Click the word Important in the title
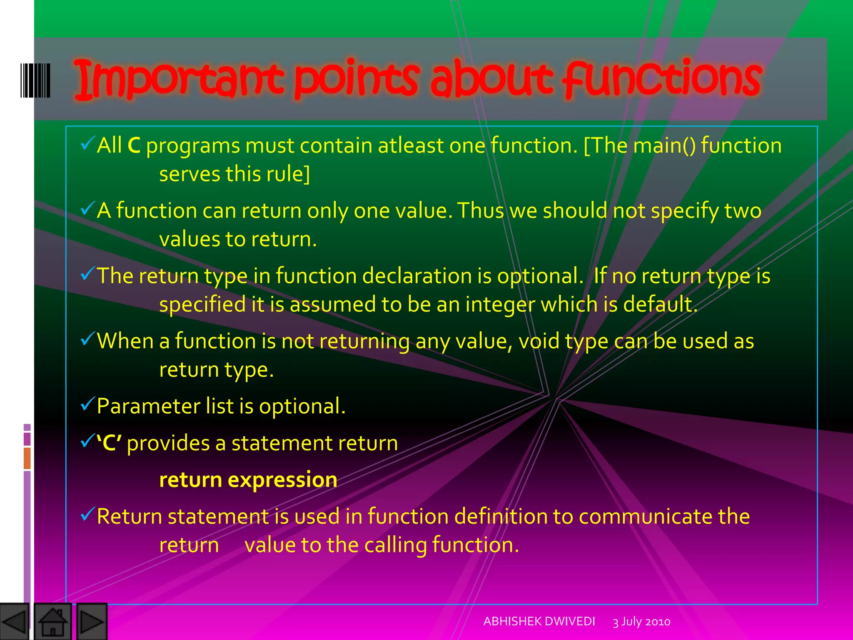pyautogui.click(x=179, y=79)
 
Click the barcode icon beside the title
pyautogui.click(x=35, y=80)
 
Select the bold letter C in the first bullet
pyautogui.click(x=134, y=146)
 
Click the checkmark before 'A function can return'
pyautogui.click(x=87, y=208)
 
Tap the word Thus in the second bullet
pyautogui.click(x=481, y=210)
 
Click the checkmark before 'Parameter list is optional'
pyautogui.click(x=87, y=404)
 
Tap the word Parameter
pyautogui.click(x=148, y=406)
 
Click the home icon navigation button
pyautogui.click(x=52, y=622)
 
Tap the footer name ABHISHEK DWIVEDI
pyautogui.click(x=539, y=621)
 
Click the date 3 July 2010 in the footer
pyautogui.click(x=641, y=622)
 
